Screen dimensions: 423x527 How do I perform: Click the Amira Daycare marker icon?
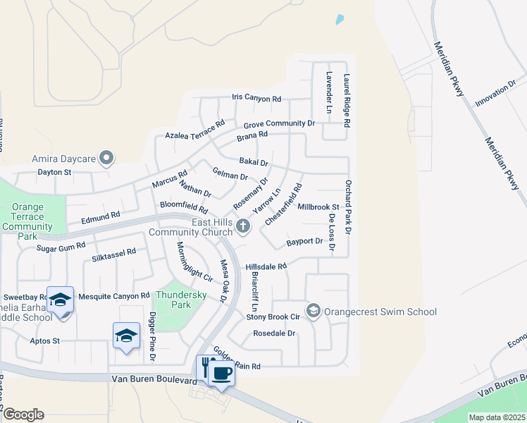point(106,158)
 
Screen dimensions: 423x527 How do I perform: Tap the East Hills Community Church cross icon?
point(243,226)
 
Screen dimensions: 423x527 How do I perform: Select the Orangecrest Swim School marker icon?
point(314,311)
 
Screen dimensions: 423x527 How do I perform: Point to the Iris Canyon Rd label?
point(256,99)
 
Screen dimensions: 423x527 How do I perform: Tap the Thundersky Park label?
point(173,300)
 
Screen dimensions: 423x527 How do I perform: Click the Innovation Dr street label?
point(495,94)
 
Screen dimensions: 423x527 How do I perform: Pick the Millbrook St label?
point(318,207)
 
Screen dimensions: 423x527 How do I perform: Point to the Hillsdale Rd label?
point(266,266)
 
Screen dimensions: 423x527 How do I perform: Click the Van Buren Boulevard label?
point(153,379)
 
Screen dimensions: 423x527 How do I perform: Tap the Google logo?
point(23,415)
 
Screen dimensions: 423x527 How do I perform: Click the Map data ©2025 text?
point(497,417)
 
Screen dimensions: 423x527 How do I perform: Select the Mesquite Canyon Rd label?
point(114,296)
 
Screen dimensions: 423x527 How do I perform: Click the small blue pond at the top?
point(340,20)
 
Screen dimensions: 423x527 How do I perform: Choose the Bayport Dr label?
point(304,242)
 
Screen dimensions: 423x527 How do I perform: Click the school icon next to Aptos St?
point(126,336)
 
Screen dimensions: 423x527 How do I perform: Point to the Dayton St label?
point(54,172)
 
